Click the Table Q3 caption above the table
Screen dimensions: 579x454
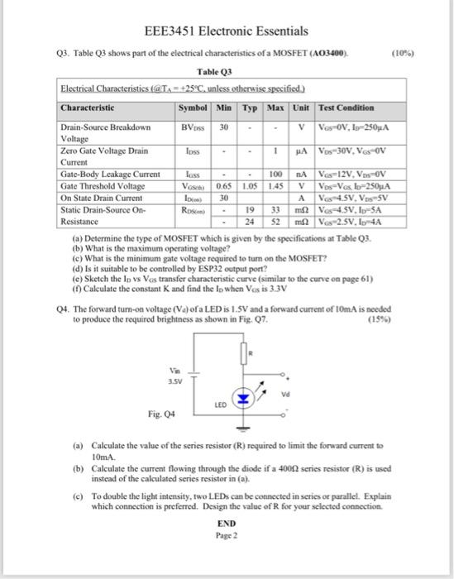tap(225, 72)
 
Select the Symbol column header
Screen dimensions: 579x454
tap(193, 108)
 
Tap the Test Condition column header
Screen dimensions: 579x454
tap(346, 108)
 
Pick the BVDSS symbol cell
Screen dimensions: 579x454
tap(193, 128)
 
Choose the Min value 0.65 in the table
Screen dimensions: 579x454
tap(223, 185)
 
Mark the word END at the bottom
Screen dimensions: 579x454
tap(225, 524)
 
